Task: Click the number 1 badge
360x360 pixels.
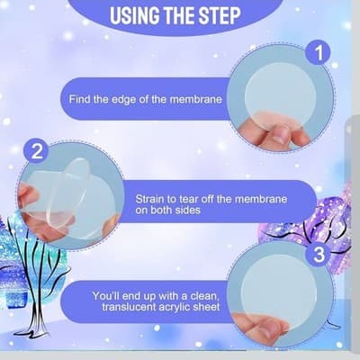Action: [x=318, y=52]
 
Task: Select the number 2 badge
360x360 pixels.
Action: [x=37, y=151]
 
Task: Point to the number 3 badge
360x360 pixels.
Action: [x=318, y=254]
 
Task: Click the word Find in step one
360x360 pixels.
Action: [x=80, y=99]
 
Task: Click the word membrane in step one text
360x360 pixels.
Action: [x=196, y=99]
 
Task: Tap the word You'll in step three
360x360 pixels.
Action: [x=105, y=296]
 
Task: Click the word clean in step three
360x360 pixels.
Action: [x=205, y=296]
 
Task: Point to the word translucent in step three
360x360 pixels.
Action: [x=130, y=307]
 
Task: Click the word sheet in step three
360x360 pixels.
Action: [x=206, y=307]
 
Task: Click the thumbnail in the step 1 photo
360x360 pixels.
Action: [x=281, y=135]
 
